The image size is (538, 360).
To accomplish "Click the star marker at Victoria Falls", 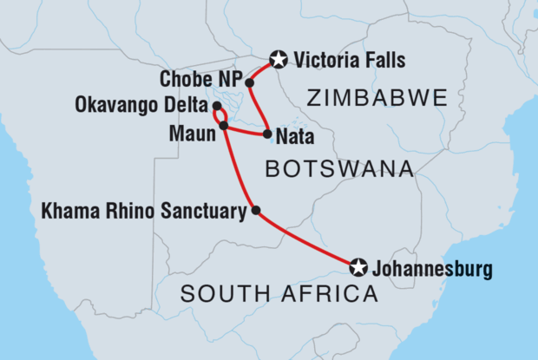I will click(278, 60).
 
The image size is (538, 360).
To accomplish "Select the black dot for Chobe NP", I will click(249, 83).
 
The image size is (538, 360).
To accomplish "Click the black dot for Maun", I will click(224, 126).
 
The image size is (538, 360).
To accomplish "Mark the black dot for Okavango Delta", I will click(216, 107).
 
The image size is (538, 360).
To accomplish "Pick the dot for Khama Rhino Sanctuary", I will click(254, 209).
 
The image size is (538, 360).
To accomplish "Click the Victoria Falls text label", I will click(350, 60).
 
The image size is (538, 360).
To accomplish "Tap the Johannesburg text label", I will click(431, 269).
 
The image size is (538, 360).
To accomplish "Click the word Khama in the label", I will click(66, 210).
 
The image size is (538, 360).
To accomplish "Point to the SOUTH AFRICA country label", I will click(279, 296).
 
